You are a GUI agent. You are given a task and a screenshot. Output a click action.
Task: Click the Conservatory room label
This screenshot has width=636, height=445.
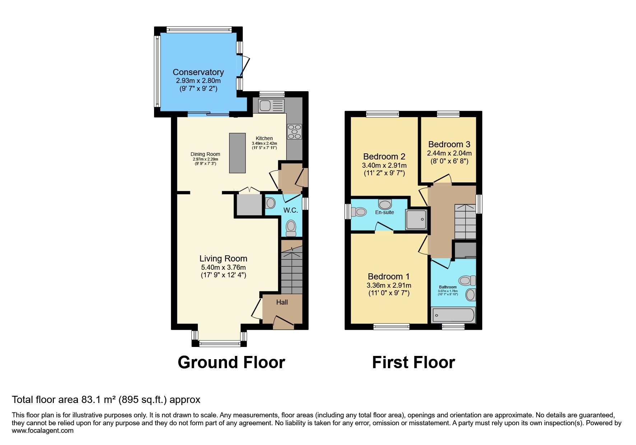pos(198,72)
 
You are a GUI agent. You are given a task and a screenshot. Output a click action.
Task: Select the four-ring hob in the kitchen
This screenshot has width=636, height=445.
pos(294,131)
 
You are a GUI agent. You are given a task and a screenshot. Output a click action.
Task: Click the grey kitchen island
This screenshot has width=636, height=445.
pos(237,153)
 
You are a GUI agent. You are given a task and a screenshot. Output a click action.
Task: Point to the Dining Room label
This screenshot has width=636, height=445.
pos(205,154)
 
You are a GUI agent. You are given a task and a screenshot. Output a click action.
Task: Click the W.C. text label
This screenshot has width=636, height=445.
pos(291,210)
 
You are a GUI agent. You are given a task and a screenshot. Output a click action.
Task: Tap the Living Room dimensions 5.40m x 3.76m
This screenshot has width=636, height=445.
pos(223,267)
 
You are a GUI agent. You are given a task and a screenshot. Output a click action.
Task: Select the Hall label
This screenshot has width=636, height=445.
pos(282,302)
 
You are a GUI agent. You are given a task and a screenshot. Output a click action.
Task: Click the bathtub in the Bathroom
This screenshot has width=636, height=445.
pos(453,315)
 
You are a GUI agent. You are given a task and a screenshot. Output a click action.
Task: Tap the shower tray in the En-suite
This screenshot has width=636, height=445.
pos(416,219)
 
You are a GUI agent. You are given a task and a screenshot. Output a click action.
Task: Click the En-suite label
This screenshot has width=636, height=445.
pos(384,212)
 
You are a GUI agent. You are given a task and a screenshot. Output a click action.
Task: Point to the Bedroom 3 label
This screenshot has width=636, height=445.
pos(449,144)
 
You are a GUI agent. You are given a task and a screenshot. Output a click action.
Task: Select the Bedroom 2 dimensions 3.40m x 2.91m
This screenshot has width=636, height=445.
pos(384,166)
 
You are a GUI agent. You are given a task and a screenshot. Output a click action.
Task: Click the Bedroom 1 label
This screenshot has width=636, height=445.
pos(389,276)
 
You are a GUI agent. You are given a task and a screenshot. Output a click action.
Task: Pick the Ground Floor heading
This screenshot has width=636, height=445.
pos(231,362)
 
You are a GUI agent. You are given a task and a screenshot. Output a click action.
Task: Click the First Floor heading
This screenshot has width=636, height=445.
pos(413,362)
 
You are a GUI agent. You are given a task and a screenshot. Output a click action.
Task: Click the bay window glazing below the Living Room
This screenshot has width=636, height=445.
pos(219,344)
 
